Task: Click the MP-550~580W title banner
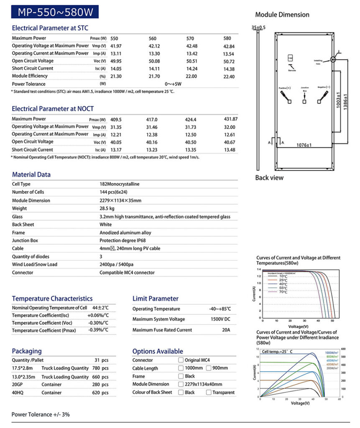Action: coord(56,12)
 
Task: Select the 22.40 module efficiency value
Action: coord(230,76)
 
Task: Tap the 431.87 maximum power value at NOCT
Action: coord(231,119)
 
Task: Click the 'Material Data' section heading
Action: coord(31,175)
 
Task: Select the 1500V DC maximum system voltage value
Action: coord(220,319)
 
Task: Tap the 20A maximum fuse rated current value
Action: coord(226,330)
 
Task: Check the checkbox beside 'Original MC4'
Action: coord(181,360)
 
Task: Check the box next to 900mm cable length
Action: coord(209,368)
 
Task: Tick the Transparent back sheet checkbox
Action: coord(209,392)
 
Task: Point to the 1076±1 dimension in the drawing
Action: coord(304,145)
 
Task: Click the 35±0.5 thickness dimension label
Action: coord(258,28)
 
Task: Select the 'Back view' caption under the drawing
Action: coord(269,178)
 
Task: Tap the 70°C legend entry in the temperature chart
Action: coord(283,292)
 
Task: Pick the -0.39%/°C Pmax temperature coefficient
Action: coord(98,330)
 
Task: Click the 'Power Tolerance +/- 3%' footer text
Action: coord(41,415)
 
